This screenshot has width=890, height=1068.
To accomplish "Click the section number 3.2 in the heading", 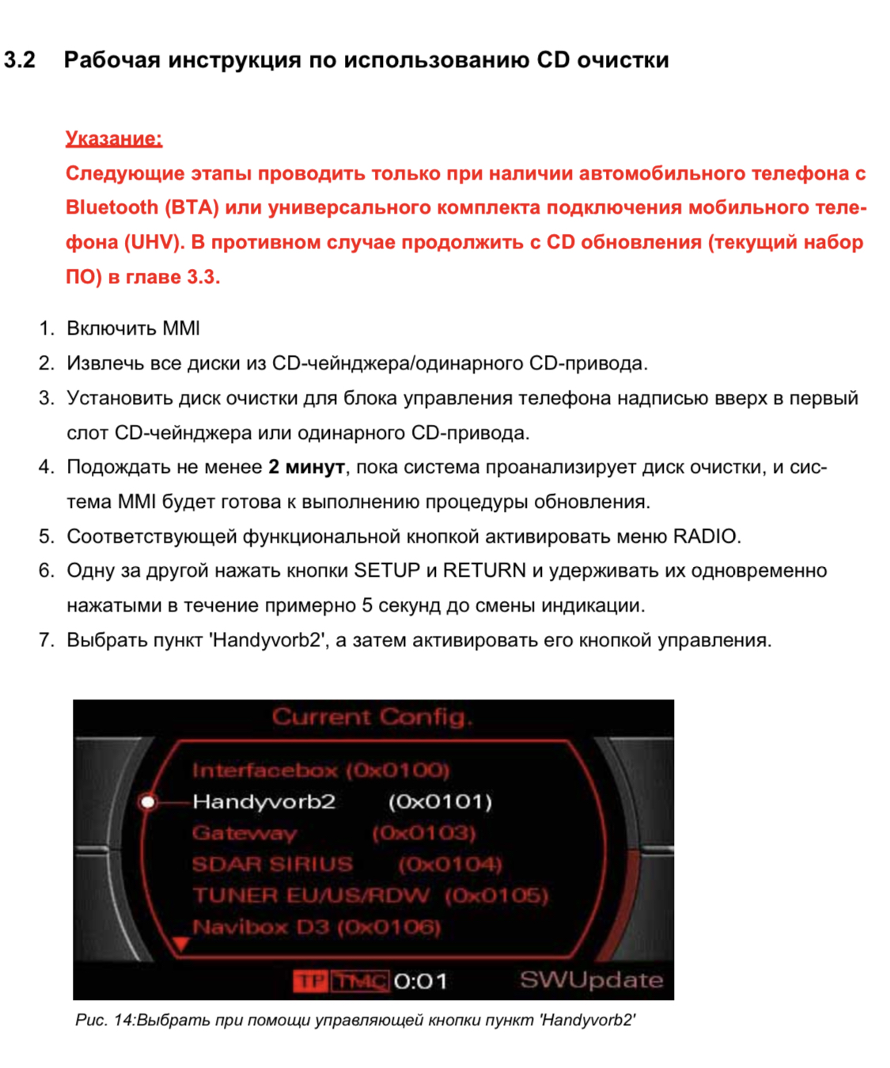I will pos(20,60).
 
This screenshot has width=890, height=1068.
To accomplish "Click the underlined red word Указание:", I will pos(114,138).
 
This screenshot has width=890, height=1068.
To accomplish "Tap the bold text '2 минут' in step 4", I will pos(306,468).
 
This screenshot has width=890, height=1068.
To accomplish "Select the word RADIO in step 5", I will pos(706,536).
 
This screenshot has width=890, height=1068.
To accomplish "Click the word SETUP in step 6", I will pos(387,570).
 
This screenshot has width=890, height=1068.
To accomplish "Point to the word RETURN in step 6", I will pos(484,570).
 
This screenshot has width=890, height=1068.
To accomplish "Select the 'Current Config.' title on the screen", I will pos(372,718).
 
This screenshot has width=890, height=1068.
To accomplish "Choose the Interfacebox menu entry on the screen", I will pos(265,770).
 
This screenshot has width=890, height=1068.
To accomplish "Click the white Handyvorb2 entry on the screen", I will pos(264,802).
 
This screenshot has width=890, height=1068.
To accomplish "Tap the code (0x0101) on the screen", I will pos(440,802).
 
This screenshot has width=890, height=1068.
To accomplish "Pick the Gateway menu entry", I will pos(244,833).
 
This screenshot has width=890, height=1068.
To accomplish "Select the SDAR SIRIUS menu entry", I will pos(272,864).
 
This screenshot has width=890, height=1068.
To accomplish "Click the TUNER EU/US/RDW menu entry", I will pos(311,896).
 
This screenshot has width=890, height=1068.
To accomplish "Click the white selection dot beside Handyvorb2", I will pos(148,802).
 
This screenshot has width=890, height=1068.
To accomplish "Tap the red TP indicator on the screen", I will pos(309,982).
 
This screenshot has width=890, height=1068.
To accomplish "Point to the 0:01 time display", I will pos(420,982).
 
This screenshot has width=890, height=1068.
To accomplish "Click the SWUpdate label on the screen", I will pos(591,980).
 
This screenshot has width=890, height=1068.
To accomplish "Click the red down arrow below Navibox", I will pos(181,944).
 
